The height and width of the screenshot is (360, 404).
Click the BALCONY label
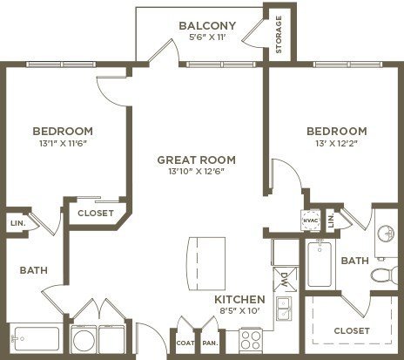207,26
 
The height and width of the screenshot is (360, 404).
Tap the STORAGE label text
279,35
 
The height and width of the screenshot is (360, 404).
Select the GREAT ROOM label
197,160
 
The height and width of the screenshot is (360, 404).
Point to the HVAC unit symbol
310,221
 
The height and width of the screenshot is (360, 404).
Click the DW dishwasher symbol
285,279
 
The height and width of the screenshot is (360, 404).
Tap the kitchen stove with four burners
251,340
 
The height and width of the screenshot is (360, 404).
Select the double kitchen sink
284,309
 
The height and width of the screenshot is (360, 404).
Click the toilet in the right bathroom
384,274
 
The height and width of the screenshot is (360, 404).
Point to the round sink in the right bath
387,233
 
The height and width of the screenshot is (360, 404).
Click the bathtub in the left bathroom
36,339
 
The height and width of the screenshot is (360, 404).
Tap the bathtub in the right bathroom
320,264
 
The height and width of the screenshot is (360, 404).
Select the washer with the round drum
84,339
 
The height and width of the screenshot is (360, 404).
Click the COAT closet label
185,343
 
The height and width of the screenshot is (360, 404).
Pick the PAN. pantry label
210,343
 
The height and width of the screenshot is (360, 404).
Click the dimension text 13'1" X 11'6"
63,144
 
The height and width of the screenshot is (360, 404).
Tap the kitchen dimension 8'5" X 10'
239,311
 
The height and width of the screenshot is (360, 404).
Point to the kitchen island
207,263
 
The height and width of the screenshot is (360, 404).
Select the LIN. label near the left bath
18,223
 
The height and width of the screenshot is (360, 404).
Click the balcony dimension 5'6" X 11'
207,37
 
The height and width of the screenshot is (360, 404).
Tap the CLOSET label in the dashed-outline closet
352,330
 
